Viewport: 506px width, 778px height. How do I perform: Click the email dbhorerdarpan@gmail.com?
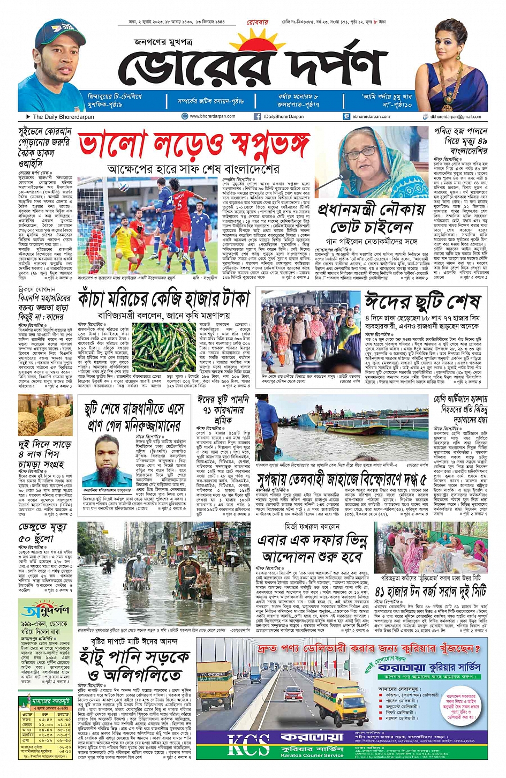click(455, 116)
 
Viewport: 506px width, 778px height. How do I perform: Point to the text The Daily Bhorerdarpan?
click(63, 116)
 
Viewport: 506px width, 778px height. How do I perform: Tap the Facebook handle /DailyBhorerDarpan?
click(283, 116)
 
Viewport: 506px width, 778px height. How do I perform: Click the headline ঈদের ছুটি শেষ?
click(423, 302)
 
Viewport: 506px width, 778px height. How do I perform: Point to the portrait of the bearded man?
click(107, 461)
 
